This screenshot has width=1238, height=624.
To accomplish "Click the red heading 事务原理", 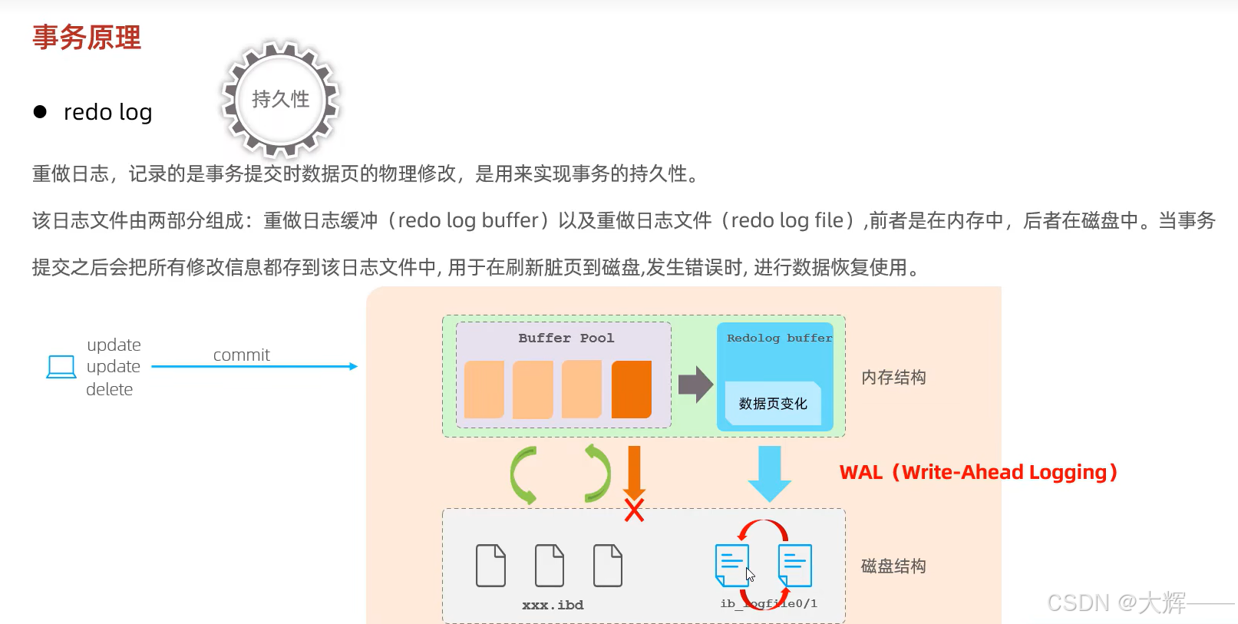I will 87,38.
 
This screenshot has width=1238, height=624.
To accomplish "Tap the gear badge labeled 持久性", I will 280,99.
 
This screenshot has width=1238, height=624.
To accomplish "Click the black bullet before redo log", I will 40,112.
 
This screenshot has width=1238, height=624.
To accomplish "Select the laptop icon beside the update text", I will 61,367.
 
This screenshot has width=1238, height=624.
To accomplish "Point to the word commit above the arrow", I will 241,355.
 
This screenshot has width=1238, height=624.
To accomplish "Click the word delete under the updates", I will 109,389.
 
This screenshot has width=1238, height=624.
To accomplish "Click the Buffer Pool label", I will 566,338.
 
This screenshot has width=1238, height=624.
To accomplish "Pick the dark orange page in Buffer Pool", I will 631,389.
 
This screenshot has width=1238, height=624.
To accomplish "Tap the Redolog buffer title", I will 778,338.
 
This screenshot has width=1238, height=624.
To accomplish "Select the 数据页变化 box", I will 772,404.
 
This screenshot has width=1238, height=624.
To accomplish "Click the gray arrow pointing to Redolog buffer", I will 695,384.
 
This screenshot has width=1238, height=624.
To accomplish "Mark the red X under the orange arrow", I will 634,510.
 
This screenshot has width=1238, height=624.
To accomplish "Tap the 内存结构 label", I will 893,377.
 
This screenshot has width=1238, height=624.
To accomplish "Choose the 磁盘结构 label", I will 893,566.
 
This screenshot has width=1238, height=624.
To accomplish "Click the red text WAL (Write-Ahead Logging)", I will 978,472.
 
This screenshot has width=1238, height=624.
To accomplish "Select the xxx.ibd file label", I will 553,605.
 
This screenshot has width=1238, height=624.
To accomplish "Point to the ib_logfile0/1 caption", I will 768,603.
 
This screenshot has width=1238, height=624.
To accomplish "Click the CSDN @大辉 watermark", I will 1117,603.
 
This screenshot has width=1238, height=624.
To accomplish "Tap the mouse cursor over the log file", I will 750,574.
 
